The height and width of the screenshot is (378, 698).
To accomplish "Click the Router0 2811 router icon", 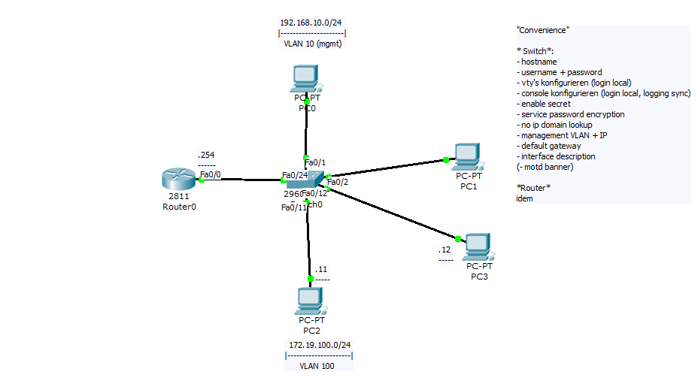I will click(x=178, y=179).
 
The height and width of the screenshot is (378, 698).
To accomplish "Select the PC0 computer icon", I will click(x=306, y=78).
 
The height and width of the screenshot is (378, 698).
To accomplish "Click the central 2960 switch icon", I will click(x=304, y=181).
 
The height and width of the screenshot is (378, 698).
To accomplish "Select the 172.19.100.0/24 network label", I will click(x=320, y=344).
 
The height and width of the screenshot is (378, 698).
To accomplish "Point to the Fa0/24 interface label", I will click(x=294, y=176).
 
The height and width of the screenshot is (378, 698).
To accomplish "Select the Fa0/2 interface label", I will click(x=338, y=181).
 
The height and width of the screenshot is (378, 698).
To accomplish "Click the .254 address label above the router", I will click(x=205, y=155).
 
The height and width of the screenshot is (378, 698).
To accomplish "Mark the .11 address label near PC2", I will click(x=321, y=269).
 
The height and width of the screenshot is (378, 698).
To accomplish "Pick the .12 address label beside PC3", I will click(x=445, y=249).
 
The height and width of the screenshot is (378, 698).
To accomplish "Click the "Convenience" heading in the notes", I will click(x=542, y=30).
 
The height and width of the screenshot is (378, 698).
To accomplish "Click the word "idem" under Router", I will click(x=524, y=198).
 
